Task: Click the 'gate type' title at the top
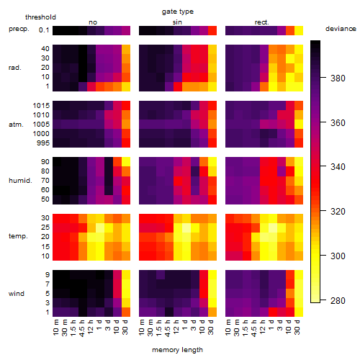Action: point(178,12)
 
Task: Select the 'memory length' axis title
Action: point(177,350)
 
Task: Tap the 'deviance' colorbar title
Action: point(341,29)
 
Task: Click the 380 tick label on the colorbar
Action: point(338,78)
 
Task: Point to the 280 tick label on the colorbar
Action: point(338,300)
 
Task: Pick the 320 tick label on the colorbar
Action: point(338,212)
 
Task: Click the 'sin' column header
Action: point(177,22)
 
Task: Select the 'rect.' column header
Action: point(261,22)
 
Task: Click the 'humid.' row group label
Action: point(20,181)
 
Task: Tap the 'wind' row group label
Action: point(17,294)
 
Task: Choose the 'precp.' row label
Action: point(19,30)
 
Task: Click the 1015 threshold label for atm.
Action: point(41,106)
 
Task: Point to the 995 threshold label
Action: point(43,143)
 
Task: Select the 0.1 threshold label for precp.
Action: point(44,30)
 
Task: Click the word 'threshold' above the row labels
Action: point(40,17)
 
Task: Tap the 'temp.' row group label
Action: point(18,236)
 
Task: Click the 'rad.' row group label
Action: point(15,68)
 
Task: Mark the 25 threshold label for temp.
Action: point(45,228)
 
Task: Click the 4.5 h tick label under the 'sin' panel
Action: point(168,328)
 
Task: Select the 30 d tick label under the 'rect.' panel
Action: point(297,327)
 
